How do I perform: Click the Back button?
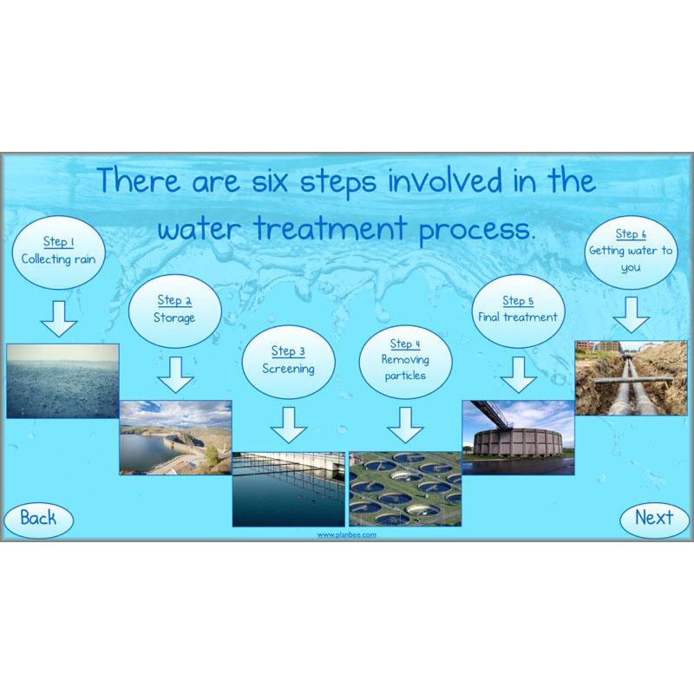click(38, 519)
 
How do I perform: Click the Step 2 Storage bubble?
click(174, 310)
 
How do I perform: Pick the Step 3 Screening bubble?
click(288, 360)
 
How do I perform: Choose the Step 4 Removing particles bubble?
click(404, 360)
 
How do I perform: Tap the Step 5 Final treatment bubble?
click(518, 310)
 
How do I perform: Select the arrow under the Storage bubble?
click(175, 375)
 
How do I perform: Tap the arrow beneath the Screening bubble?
click(289, 424)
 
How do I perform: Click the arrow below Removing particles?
click(404, 424)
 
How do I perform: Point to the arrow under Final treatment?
click(519, 375)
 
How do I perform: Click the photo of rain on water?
click(62, 380)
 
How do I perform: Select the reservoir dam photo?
click(175, 437)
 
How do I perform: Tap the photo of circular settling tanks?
click(404, 488)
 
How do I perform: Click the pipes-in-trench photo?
click(631, 377)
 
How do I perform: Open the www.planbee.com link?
click(346, 536)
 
